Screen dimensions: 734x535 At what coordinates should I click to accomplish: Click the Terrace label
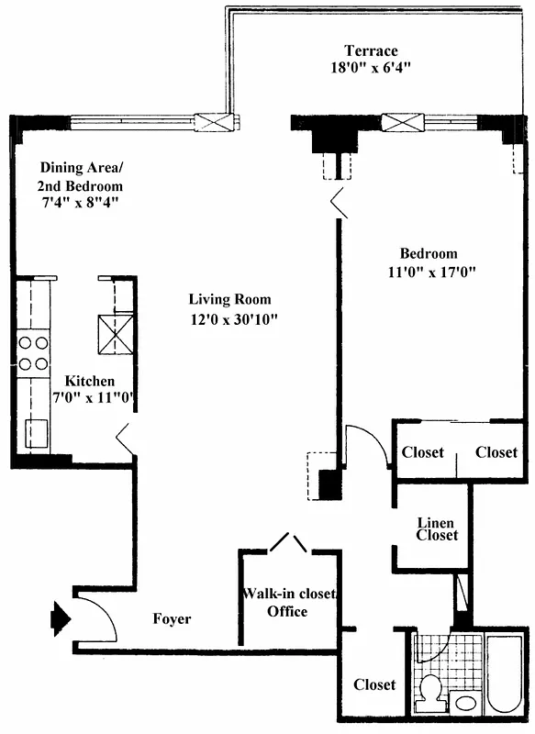click(370, 50)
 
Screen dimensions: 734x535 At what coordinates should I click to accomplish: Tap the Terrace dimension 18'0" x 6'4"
click(370, 67)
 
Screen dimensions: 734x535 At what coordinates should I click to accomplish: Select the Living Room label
click(229, 299)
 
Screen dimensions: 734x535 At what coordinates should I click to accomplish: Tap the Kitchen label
click(89, 381)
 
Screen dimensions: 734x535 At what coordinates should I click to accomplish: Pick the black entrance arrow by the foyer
click(59, 617)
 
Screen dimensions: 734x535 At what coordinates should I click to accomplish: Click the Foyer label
click(172, 619)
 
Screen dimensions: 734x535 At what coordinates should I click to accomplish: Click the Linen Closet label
click(437, 528)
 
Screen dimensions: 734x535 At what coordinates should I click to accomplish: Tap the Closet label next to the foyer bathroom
click(374, 684)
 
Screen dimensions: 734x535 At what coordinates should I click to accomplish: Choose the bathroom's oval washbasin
click(466, 704)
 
